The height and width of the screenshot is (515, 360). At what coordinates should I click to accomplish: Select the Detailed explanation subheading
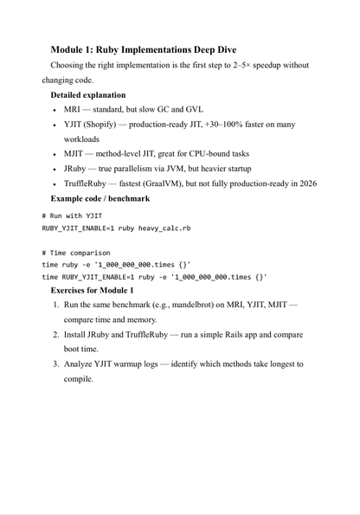[87, 94]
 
